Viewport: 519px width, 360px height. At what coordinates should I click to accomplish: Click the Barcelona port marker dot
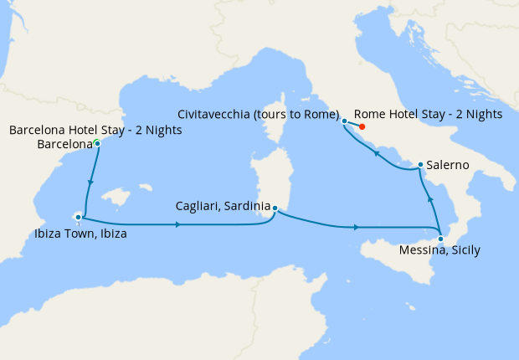(98, 144)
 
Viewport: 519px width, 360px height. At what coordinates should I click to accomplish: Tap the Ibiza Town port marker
(78, 218)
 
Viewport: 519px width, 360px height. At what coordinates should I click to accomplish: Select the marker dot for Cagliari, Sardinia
(275, 210)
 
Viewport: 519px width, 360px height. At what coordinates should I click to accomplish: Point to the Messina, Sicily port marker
(441, 239)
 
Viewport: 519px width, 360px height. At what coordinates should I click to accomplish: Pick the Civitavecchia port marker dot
(345, 121)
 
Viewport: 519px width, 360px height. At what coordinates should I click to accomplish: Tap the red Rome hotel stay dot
(362, 127)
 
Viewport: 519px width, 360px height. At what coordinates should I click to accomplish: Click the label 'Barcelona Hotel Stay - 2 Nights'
(95, 131)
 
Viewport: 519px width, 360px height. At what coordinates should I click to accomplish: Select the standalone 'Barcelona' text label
(65, 145)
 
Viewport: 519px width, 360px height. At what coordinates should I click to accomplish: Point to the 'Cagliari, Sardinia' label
(223, 206)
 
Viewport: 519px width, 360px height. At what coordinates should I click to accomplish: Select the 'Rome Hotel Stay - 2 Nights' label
(428, 114)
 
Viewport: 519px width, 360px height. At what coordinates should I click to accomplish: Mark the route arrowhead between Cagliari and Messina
(357, 227)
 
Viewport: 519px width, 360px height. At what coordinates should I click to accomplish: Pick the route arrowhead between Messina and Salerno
(429, 199)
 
